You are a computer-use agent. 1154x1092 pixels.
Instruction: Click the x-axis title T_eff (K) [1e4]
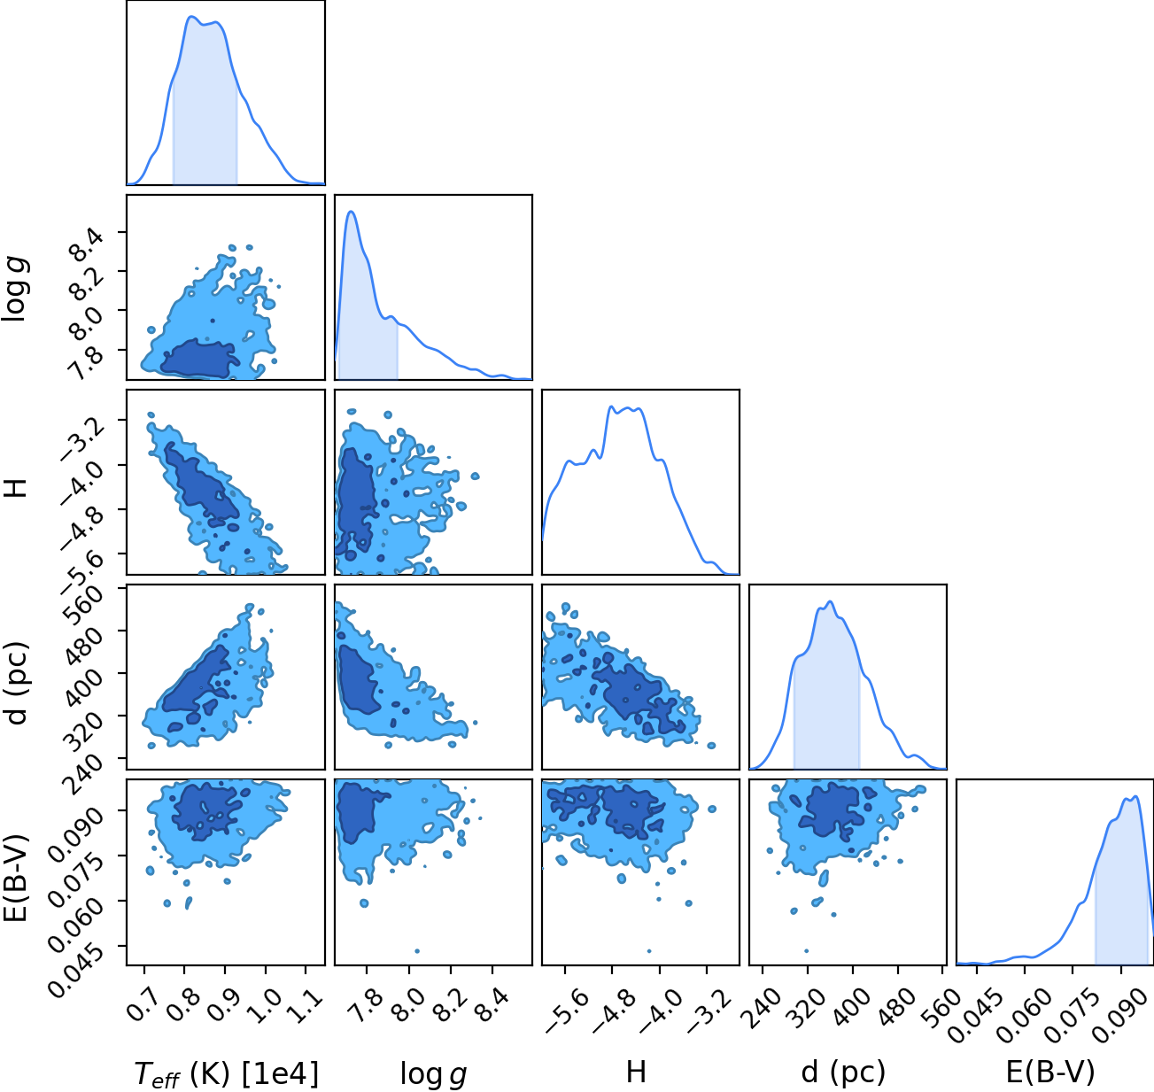227,1073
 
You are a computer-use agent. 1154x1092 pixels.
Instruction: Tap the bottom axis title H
636,1072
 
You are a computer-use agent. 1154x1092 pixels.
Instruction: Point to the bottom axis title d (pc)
843,1073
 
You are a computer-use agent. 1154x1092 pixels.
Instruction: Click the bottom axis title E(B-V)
1050,1073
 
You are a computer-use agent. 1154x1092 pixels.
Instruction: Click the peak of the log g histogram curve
351,212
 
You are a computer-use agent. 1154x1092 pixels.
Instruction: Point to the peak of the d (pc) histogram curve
830,601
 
